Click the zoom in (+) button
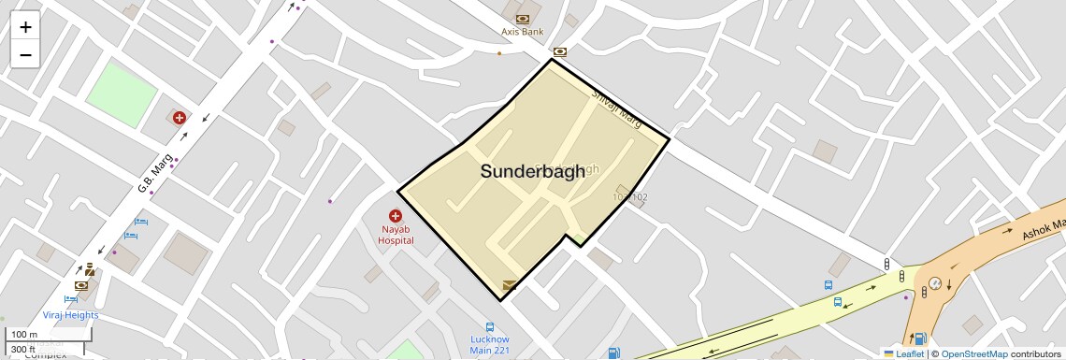[x=25, y=26]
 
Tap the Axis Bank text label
[x=522, y=32]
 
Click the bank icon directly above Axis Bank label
[x=522, y=18]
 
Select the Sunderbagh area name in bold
[x=533, y=171]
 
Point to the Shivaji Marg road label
[x=615, y=108]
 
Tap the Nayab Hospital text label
[x=396, y=235]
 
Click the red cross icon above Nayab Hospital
[x=396, y=216]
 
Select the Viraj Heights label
[x=70, y=315]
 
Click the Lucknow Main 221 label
[x=490, y=345]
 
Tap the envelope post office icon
[x=510, y=285]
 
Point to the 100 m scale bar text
[x=24, y=335]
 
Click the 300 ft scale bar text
[x=23, y=350]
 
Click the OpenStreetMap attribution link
[x=974, y=354]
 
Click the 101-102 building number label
[x=629, y=197]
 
